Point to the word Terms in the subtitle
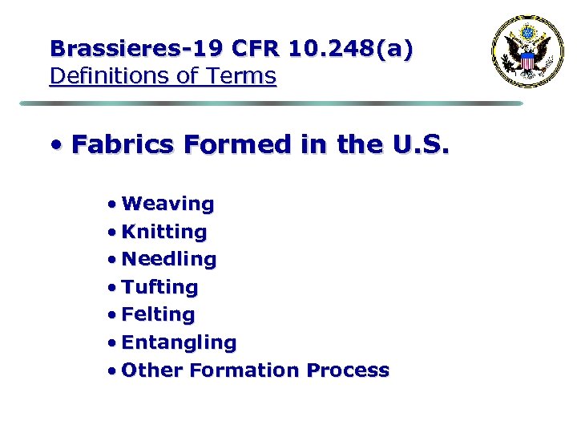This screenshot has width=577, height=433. (248, 77)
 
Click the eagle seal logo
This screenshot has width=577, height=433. (527, 51)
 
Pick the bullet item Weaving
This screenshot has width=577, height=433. (167, 204)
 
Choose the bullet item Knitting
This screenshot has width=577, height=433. (164, 233)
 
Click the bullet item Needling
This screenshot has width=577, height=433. (169, 260)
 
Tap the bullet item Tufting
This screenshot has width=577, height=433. (159, 287)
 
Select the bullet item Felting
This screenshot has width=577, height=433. (158, 314)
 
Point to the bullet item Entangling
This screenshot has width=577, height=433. (179, 342)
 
